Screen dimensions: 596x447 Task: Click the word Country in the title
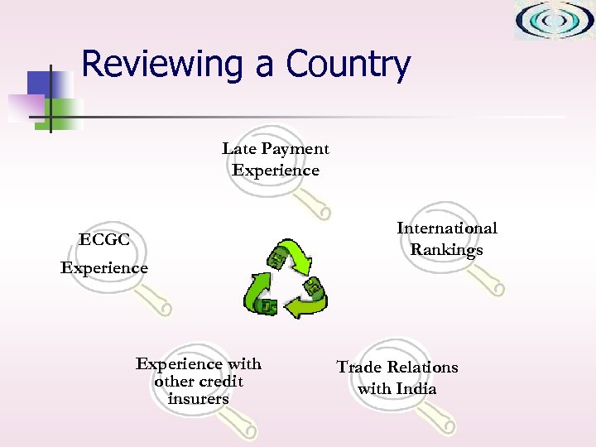[348, 65]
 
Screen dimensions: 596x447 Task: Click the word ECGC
[104, 240]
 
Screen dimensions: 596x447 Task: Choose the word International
[447, 228]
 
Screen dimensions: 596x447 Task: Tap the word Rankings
[447, 249]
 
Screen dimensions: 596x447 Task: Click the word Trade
[362, 367]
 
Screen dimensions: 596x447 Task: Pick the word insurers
[198, 399]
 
